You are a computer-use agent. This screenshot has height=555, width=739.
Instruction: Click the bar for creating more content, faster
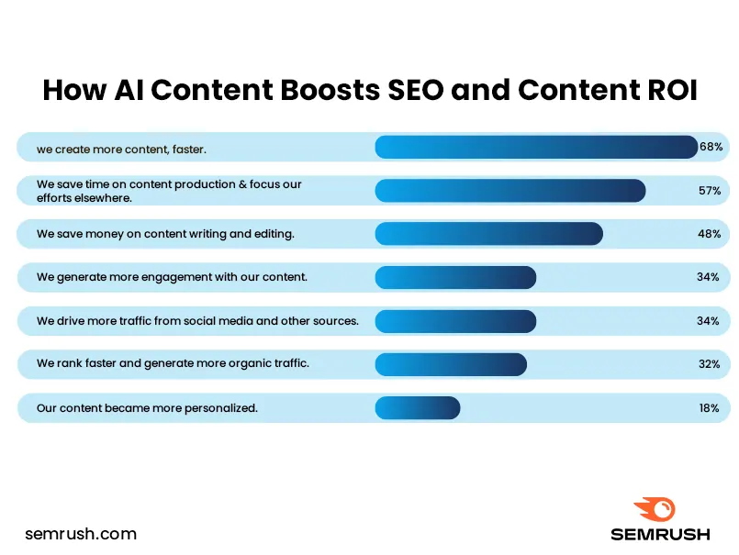(536, 147)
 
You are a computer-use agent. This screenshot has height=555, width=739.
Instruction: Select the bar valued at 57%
(509, 190)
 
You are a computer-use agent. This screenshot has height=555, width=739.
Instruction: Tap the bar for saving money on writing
(488, 234)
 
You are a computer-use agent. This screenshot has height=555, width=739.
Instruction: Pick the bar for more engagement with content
(455, 277)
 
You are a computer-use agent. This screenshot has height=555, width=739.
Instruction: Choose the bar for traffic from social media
(455, 321)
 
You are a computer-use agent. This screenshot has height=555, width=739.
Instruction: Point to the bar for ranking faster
(451, 364)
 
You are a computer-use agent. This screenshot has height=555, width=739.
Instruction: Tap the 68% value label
(711, 147)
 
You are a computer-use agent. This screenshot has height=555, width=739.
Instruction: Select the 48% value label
(708, 234)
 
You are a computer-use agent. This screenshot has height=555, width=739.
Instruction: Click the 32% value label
(708, 364)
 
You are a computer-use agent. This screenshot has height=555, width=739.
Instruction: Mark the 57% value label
(708, 190)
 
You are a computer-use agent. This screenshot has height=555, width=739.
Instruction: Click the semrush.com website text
(81, 533)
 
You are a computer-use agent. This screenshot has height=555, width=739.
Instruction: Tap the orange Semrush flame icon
(655, 509)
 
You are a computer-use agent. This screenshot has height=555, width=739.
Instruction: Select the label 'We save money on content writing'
(165, 234)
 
